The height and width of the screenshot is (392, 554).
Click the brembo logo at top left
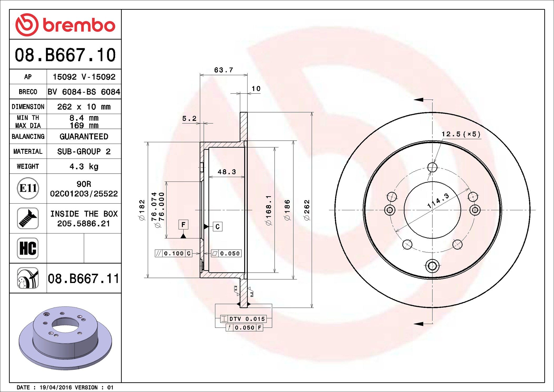tap(65, 25)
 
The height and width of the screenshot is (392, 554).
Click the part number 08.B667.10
tap(65, 55)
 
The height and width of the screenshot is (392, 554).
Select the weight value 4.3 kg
tap(84, 166)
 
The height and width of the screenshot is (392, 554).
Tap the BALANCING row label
tap(28, 136)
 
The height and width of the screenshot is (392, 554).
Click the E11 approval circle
tap(28, 188)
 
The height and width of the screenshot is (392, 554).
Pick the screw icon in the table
tap(28, 218)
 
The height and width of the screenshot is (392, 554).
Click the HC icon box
tap(28, 248)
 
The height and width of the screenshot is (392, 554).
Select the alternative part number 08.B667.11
tap(83, 278)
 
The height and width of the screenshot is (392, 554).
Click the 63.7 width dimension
tap(224, 70)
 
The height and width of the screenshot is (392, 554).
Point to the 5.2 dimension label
tap(189, 119)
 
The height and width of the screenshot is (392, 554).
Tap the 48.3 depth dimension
tap(227, 172)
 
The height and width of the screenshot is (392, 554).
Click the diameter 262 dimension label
tap(307, 210)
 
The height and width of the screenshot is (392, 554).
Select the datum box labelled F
tap(183, 224)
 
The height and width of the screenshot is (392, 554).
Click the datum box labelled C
tap(217, 227)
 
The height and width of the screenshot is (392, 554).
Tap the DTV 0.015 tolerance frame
tap(243, 319)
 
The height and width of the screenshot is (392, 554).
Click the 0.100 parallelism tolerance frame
tap(174, 253)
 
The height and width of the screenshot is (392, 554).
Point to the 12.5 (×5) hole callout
tap(461, 134)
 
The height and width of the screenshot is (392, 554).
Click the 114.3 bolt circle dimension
tap(438, 200)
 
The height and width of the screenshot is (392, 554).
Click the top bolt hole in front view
tap(432, 167)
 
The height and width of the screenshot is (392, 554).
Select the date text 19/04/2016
tap(56, 387)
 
